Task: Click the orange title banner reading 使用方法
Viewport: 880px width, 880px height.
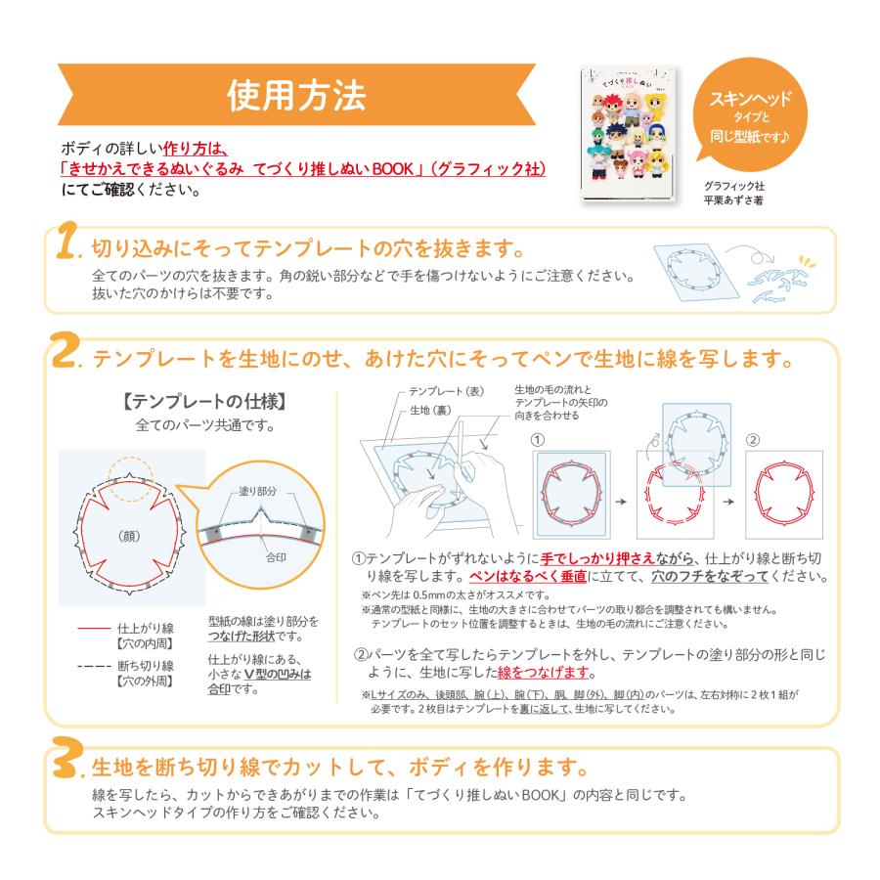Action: (296, 95)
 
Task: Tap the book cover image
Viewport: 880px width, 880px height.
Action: (628, 134)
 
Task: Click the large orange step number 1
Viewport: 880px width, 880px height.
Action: (66, 248)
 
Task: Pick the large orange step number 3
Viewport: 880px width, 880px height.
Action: (67, 764)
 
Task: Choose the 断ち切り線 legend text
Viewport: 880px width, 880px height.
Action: (144, 667)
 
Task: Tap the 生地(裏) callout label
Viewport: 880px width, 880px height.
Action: (426, 410)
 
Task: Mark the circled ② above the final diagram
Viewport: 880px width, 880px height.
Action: (753, 439)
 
